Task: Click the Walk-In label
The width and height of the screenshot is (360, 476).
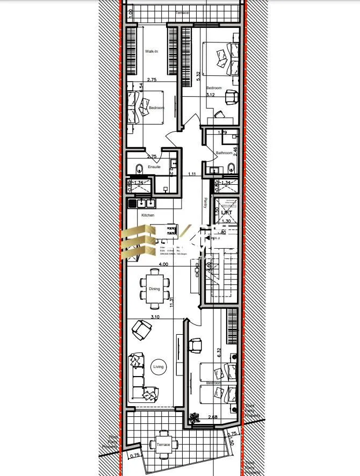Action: pyautogui.click(x=152, y=52)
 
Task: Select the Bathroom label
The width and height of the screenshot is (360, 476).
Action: pyautogui.click(x=224, y=153)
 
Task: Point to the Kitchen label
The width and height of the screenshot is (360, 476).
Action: pyautogui.click(x=148, y=215)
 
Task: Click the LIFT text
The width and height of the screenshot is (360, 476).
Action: pyautogui.click(x=226, y=213)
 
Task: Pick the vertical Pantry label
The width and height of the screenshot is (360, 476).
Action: pyautogui.click(x=205, y=203)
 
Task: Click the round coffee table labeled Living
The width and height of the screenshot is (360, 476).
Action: pyautogui.click(x=159, y=367)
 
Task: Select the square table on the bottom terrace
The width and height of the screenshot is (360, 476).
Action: pyautogui.click(x=163, y=445)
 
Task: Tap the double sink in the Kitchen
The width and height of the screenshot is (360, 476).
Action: pyautogui.click(x=146, y=203)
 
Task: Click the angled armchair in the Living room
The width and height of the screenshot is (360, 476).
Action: pyautogui.click(x=141, y=329)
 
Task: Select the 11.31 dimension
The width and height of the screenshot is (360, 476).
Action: pyautogui.click(x=171, y=302)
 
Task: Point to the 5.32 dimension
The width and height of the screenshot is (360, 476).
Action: pyautogui.click(x=199, y=76)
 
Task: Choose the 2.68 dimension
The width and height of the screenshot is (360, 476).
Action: pyautogui.click(x=213, y=416)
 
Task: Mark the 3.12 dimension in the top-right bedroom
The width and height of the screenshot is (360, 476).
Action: pyautogui.click(x=210, y=95)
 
